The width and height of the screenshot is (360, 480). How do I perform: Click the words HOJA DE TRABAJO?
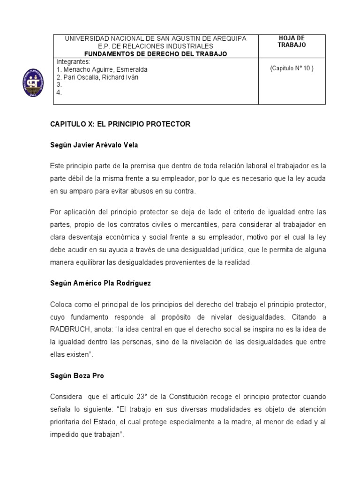point(292,41)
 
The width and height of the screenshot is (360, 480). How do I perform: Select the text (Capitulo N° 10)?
point(292,68)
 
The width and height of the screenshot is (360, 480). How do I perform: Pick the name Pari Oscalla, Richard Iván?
point(97,77)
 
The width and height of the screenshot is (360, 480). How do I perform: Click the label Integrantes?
point(73,62)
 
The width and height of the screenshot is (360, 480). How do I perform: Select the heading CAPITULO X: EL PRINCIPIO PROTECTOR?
point(120,124)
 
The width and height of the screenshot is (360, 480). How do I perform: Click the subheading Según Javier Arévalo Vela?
point(94,145)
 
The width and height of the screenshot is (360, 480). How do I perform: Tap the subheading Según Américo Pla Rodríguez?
point(101,284)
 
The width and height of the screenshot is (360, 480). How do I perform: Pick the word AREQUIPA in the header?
point(228,38)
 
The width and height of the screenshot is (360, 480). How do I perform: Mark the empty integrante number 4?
point(59,93)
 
